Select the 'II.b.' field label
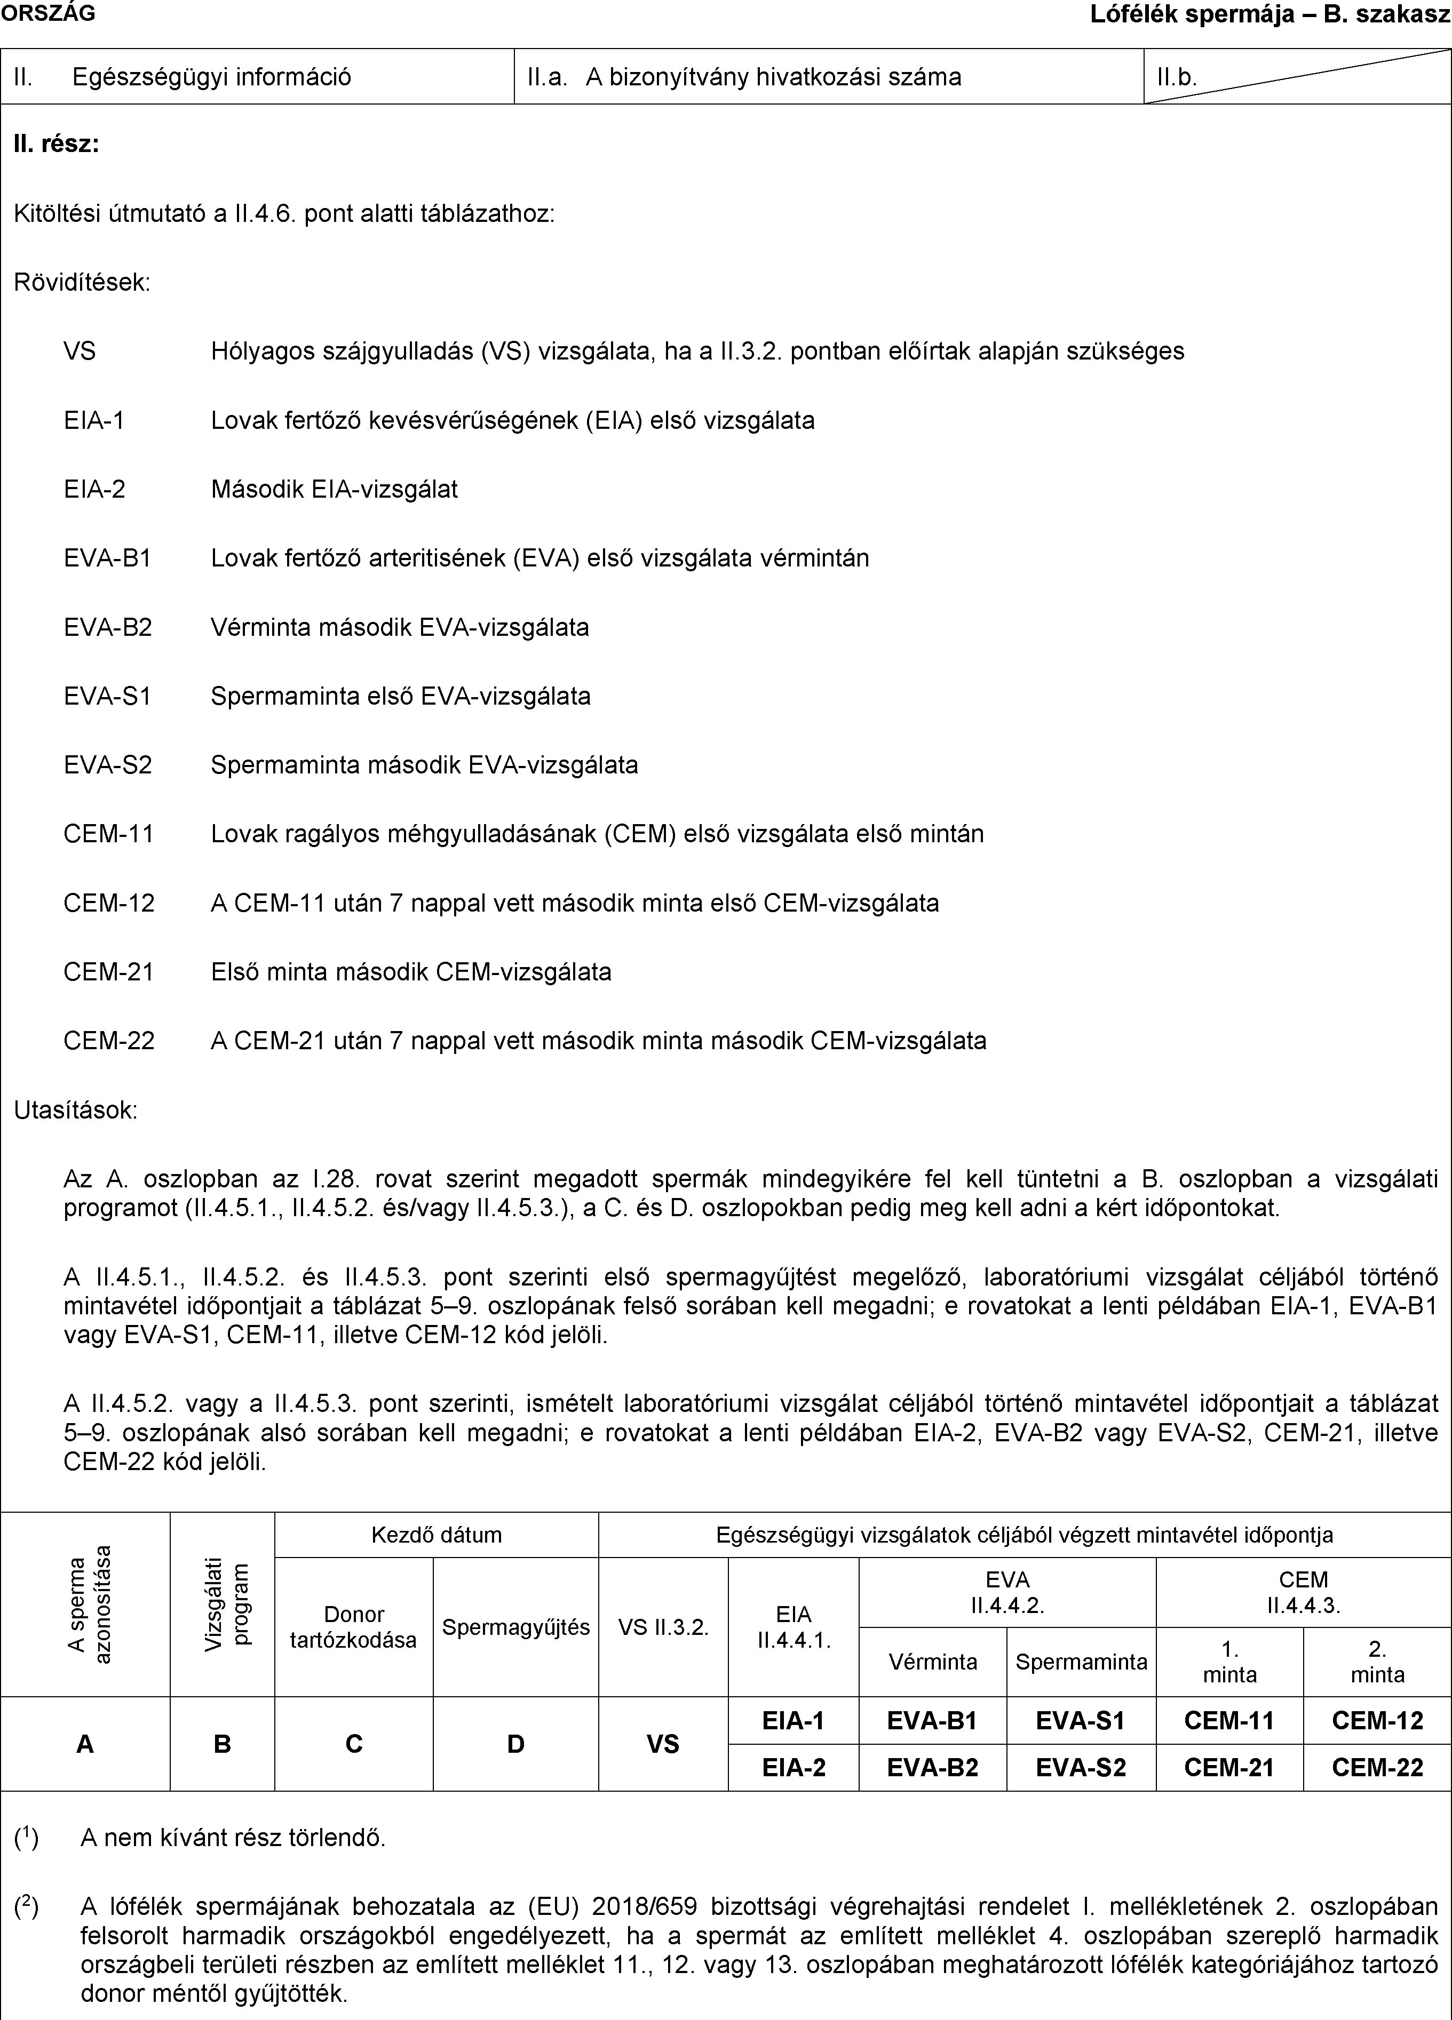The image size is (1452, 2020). click(x=1177, y=77)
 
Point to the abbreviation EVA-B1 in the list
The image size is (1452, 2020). click(x=108, y=558)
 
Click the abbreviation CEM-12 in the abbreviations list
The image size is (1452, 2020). click(x=109, y=903)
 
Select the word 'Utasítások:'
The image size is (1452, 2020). click(x=76, y=1111)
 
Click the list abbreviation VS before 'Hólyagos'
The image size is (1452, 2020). click(x=80, y=351)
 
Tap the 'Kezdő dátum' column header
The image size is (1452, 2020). click(x=437, y=1535)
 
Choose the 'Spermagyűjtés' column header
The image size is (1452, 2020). click(x=516, y=1627)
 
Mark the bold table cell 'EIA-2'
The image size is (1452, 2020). click(x=793, y=1767)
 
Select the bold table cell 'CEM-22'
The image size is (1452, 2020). click(x=1377, y=1767)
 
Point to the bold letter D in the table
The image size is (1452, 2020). click(x=516, y=1744)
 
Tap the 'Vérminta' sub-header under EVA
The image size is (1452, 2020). click(x=933, y=1662)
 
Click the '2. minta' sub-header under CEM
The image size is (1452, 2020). click(x=1377, y=1662)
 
